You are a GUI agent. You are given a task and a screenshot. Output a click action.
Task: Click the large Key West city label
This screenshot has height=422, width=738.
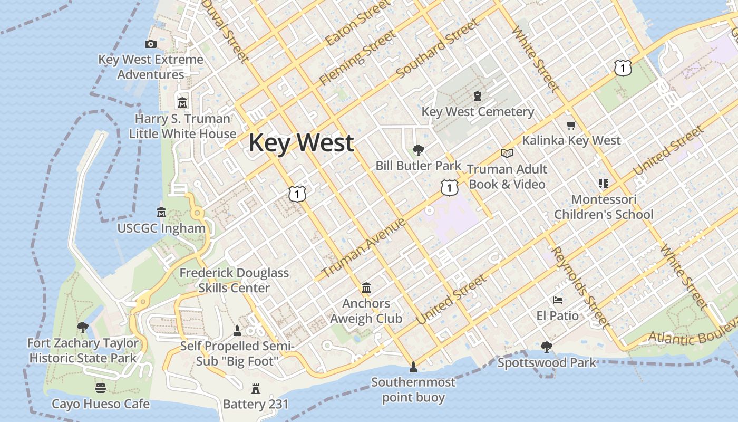(301, 143)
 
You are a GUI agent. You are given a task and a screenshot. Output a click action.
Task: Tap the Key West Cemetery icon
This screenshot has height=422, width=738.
(478, 96)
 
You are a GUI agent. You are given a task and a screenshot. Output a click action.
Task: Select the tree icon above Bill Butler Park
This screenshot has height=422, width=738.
(419, 150)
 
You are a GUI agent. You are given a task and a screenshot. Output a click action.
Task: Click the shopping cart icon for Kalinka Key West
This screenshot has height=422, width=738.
(571, 125)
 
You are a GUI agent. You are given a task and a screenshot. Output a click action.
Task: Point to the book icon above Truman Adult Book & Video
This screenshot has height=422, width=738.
(507, 153)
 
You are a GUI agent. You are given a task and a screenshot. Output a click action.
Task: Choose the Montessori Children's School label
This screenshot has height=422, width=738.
(604, 207)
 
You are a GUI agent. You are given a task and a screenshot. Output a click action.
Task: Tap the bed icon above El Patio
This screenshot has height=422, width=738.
(558, 300)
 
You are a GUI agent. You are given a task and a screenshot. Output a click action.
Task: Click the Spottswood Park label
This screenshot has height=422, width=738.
(547, 362)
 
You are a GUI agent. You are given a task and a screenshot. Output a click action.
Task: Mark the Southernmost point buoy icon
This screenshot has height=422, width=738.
(413, 366)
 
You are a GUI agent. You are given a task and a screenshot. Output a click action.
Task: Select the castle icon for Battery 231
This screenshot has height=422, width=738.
(256, 389)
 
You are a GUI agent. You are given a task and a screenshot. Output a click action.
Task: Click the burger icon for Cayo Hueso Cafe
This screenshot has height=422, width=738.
(101, 388)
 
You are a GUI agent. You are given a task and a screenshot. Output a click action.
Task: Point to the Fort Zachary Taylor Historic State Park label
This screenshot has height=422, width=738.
(83, 350)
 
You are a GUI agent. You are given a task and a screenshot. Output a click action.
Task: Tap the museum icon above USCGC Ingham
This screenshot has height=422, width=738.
(161, 212)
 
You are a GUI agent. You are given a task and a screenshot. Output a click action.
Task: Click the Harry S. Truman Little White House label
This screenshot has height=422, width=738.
(182, 126)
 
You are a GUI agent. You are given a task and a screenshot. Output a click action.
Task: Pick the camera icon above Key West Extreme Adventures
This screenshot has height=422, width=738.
(151, 44)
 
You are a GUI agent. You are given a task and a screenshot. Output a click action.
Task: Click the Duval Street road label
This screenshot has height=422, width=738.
(225, 31)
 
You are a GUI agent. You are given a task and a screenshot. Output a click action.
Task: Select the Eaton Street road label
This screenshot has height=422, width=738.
(358, 23)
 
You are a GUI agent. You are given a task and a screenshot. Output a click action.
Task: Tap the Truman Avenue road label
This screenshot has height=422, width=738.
(363, 248)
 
